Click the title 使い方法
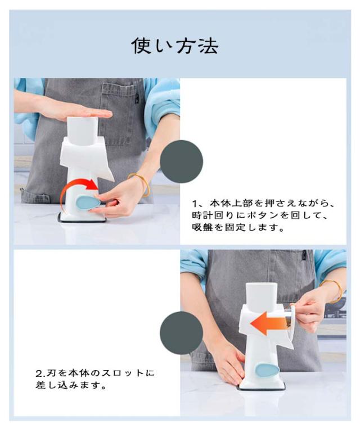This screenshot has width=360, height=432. [x=175, y=46]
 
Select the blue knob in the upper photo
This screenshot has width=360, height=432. [x=88, y=203]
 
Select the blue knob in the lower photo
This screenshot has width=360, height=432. [x=267, y=371]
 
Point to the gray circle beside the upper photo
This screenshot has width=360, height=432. [x=182, y=161]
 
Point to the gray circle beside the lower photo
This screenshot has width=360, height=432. [x=182, y=333]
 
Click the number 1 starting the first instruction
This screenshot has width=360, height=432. [x=195, y=204]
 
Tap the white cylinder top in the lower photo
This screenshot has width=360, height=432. [x=259, y=296]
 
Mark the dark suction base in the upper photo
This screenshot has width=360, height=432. [x=82, y=218]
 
